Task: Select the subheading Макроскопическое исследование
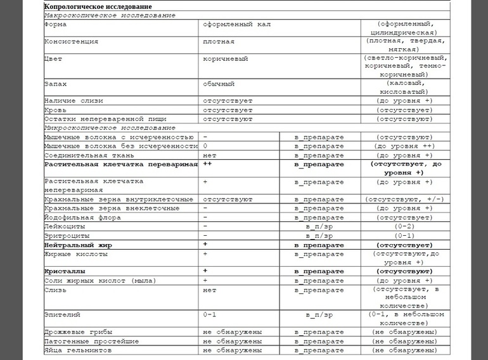click(110, 15)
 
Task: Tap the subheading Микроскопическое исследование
click(110, 127)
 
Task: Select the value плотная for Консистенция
click(219, 42)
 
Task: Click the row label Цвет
click(53, 59)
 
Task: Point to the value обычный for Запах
click(219, 83)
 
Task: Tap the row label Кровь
click(55, 110)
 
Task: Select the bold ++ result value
click(206, 164)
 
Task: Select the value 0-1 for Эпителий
click(210, 314)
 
